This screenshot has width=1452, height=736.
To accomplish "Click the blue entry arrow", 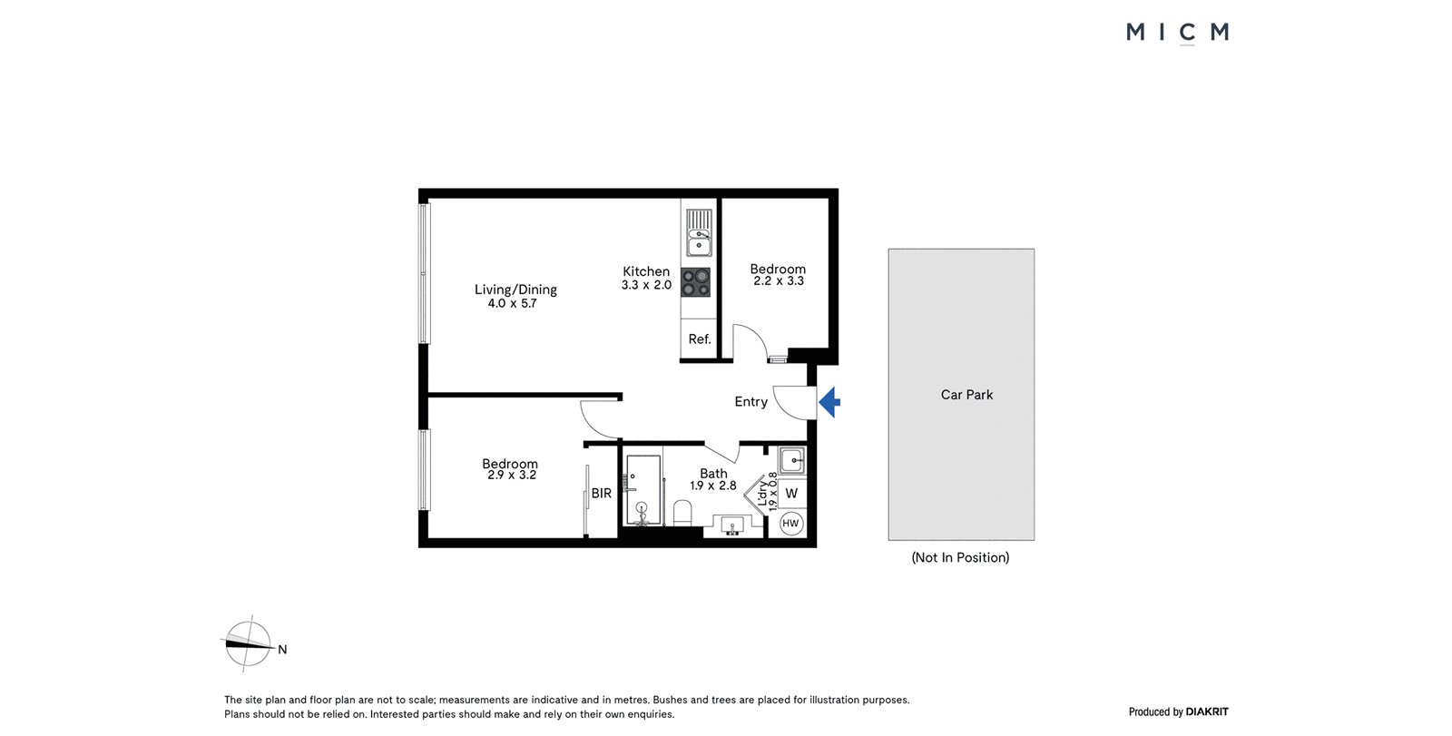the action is pyautogui.click(x=829, y=402).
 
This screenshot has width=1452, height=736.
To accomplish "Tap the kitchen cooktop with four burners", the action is pyautogui.click(x=695, y=282).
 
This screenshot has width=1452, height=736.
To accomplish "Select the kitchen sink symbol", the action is pyautogui.click(x=699, y=233).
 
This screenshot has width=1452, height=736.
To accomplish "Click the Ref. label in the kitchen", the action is pyautogui.click(x=700, y=339).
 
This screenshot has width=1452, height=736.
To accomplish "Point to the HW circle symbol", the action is pyautogui.click(x=790, y=524).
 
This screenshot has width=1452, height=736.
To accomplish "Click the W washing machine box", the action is pyautogui.click(x=791, y=493).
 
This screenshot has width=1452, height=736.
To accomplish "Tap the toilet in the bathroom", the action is pyautogui.click(x=682, y=513).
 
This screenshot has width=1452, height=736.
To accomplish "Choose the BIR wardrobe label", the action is pyautogui.click(x=601, y=494).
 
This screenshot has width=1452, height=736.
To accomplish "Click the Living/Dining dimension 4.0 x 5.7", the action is pyautogui.click(x=512, y=303).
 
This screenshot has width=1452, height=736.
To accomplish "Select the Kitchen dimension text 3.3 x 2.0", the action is pyautogui.click(x=646, y=285).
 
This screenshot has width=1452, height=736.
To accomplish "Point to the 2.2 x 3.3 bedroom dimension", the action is pyautogui.click(x=779, y=280).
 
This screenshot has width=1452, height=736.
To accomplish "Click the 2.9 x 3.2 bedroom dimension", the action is pyautogui.click(x=512, y=475).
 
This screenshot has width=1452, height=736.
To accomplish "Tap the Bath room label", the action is pyautogui.click(x=713, y=474).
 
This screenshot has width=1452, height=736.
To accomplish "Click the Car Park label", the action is pyautogui.click(x=966, y=394).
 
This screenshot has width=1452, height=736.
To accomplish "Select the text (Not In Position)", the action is pyautogui.click(x=960, y=557).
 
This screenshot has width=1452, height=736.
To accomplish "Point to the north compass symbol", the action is pyautogui.click(x=249, y=643).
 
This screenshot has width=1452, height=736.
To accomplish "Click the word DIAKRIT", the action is pyautogui.click(x=1207, y=711).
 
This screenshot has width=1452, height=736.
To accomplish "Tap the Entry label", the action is pyautogui.click(x=751, y=402).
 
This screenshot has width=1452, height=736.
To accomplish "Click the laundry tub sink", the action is pyautogui.click(x=791, y=460).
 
